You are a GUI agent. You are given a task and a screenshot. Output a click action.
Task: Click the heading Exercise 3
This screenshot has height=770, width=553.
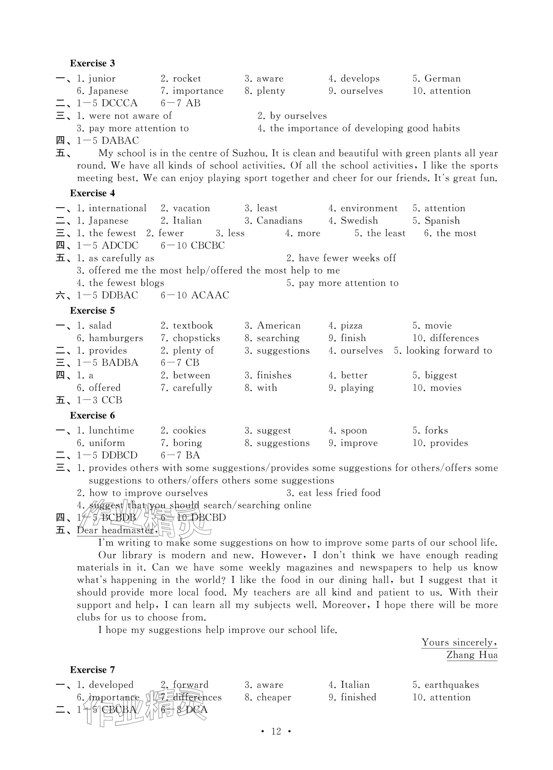tap(92, 63)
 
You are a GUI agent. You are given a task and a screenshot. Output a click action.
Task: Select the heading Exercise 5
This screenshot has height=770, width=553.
tap(92, 310)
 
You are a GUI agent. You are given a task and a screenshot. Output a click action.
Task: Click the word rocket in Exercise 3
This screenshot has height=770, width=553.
tap(187, 79)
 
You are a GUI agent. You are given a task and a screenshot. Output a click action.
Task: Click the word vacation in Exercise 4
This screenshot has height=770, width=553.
tap(191, 208)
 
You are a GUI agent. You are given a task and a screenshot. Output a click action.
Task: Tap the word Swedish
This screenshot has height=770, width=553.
tap(359, 221)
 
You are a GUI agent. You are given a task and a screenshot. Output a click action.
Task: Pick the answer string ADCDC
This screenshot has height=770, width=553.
tap(120, 246)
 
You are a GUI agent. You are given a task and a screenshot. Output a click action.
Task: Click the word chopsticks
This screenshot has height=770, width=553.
tap(196, 338)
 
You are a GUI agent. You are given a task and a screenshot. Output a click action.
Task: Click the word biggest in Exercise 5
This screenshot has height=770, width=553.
tap(441, 375)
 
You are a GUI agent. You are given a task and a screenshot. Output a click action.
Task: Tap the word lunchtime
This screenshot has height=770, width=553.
tap(111, 430)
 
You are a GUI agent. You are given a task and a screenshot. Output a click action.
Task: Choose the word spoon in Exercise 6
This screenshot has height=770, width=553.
tap(354, 430)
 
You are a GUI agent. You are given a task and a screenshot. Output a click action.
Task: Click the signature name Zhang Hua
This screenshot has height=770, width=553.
tap(472, 655)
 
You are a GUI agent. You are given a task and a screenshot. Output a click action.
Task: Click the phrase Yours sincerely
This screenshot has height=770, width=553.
tap(459, 642)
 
